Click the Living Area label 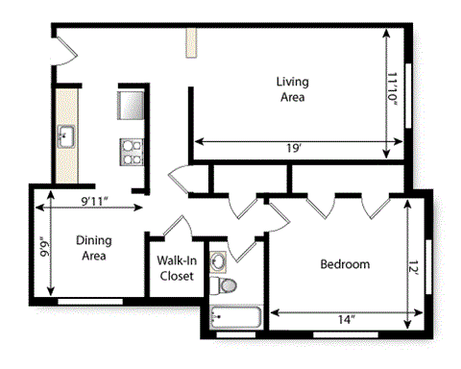click(292, 89)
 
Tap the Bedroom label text click(344, 264)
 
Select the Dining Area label click(92, 249)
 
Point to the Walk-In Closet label click(176, 267)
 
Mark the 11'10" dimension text click(394, 90)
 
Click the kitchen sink click(65, 135)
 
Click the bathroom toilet click(227, 285)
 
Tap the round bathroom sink click(218, 259)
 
